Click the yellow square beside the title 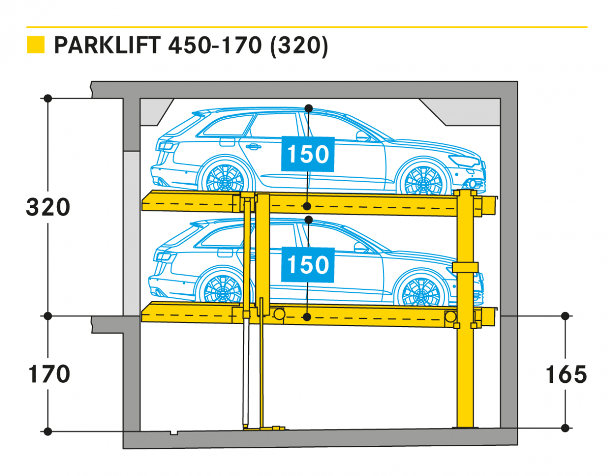pyautogui.click(x=36, y=45)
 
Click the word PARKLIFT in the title pyautogui.click(x=107, y=45)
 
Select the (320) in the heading pyautogui.click(x=299, y=46)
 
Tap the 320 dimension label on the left pyautogui.click(x=48, y=207)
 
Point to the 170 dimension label pyautogui.click(x=49, y=374)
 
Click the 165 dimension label pyautogui.click(x=566, y=374)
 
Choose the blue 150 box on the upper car pyautogui.click(x=308, y=154)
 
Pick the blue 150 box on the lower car pyautogui.click(x=308, y=265)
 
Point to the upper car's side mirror pyautogui.click(x=363, y=136)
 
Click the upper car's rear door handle pyautogui.click(x=253, y=146)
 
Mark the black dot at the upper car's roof pyautogui.click(x=309, y=109)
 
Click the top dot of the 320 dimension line pyautogui.click(x=48, y=98)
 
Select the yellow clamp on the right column pyautogui.click(x=465, y=267)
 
